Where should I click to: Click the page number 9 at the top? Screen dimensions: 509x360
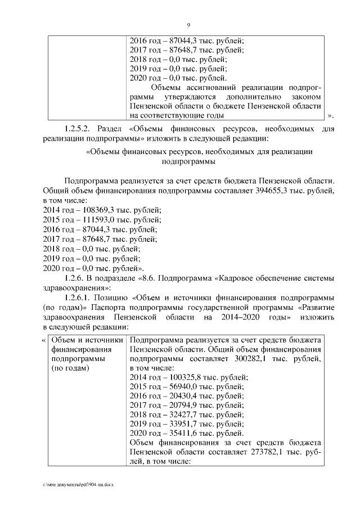[x=188, y=24]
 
